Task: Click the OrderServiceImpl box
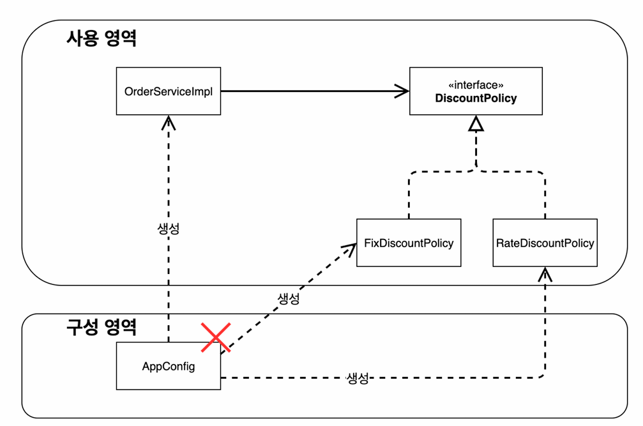pyautogui.click(x=169, y=91)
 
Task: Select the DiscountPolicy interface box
pyautogui.click(x=476, y=91)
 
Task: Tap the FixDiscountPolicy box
pyautogui.click(x=409, y=243)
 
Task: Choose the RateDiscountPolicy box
pyautogui.click(x=545, y=243)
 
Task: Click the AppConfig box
pyautogui.click(x=169, y=366)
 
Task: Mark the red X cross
pyautogui.click(x=216, y=337)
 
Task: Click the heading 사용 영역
pyautogui.click(x=102, y=38)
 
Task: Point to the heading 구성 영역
pyautogui.click(x=102, y=327)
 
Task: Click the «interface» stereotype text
pyautogui.click(x=476, y=85)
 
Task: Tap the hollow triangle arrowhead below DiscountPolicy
pyautogui.click(x=476, y=124)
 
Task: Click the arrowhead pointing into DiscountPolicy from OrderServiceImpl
pyautogui.click(x=402, y=91)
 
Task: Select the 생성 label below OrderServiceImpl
pyautogui.click(x=169, y=229)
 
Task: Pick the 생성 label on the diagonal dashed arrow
pyautogui.click(x=289, y=298)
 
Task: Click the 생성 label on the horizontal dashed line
pyautogui.click(x=358, y=378)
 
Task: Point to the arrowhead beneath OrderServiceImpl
pyautogui.click(x=169, y=123)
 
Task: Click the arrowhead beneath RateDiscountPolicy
pyautogui.click(x=545, y=274)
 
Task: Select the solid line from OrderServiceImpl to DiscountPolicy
pyautogui.click(x=315, y=91)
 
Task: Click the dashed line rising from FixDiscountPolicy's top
pyautogui.click(x=409, y=195)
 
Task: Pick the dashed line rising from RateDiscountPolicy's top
pyautogui.click(x=545, y=195)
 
